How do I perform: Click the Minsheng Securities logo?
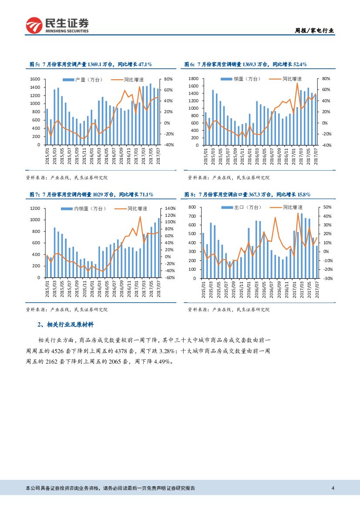57,25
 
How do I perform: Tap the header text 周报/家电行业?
314,30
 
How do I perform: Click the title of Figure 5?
91,64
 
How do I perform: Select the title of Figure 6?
246,64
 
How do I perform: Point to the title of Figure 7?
91,194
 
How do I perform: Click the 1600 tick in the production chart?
35,79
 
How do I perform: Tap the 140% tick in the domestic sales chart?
170,209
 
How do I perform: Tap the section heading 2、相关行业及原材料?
66,325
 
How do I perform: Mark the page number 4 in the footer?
333,488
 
